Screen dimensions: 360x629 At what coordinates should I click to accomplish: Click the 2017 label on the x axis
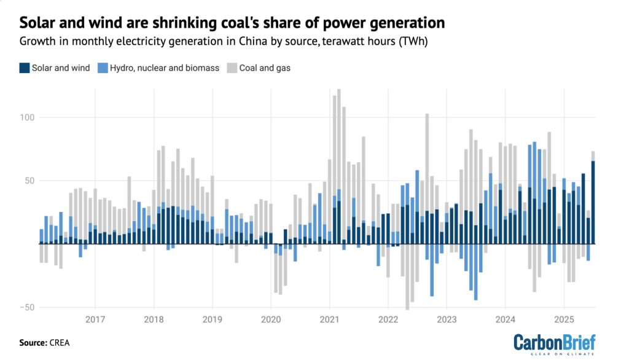(95, 319)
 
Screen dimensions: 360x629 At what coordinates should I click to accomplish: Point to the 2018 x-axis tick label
(154, 319)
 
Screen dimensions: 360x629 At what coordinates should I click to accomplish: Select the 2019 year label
(212, 319)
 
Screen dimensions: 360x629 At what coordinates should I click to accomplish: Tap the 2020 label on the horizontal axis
(271, 319)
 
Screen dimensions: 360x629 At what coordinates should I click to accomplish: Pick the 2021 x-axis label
(329, 319)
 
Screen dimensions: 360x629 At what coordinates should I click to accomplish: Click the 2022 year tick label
(388, 319)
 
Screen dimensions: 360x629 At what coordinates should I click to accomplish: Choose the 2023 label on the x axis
(447, 319)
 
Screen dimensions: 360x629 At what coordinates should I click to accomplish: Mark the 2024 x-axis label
(506, 319)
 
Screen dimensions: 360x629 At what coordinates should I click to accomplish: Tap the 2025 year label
(564, 319)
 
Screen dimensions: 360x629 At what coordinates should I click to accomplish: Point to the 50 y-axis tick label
(29, 181)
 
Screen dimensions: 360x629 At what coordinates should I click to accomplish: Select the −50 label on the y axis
(28, 307)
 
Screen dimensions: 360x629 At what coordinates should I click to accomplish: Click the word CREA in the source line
(60, 343)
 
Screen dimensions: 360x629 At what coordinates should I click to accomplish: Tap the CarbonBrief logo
(554, 343)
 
